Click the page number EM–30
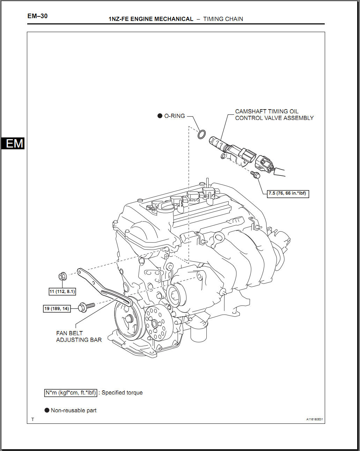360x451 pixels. point(37,16)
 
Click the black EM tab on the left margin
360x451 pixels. point(13,143)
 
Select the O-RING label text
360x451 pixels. point(175,116)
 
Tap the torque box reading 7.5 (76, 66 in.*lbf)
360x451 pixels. point(288,193)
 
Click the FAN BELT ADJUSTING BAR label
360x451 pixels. point(79,336)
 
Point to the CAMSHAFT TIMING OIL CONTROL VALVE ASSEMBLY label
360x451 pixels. point(274,115)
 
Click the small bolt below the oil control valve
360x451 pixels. point(256,175)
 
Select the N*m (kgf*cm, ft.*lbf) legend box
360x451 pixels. point(71,392)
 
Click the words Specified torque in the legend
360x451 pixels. point(122,392)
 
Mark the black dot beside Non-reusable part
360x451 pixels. point(47,410)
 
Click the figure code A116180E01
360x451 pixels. point(315,419)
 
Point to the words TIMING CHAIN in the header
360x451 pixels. point(223,19)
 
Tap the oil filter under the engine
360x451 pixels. point(199,333)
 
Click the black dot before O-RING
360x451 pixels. point(160,116)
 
